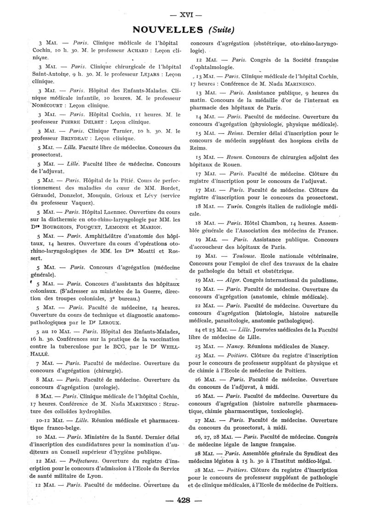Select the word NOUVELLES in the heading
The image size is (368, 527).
(167, 30)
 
